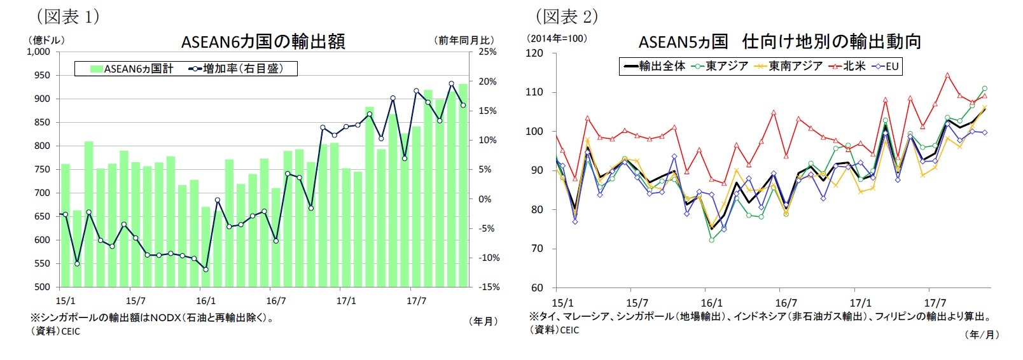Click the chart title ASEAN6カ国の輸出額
point(263,42)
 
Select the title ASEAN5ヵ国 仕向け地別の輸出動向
point(779,42)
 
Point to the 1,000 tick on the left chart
point(39,52)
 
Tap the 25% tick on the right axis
point(487,52)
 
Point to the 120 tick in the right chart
point(535,53)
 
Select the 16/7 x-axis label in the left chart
point(275,301)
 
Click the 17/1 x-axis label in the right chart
point(860,303)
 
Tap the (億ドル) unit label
point(46,39)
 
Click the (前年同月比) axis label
point(464,40)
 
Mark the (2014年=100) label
point(557,39)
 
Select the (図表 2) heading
point(566,15)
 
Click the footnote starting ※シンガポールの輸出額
point(153,317)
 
